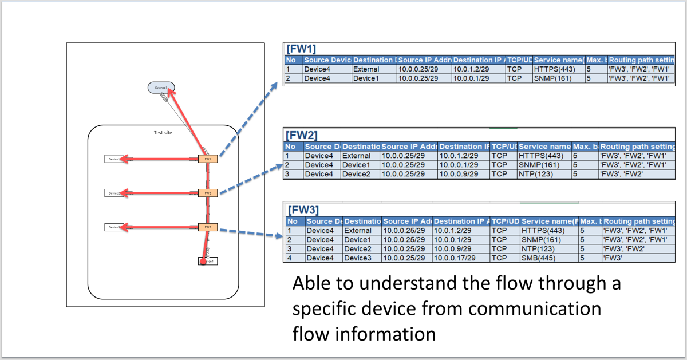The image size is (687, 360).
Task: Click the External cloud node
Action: [x=161, y=88]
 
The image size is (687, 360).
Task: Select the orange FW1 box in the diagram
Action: [x=208, y=159]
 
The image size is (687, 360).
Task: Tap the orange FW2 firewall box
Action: [x=208, y=193]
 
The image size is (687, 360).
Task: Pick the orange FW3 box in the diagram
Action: [x=208, y=227]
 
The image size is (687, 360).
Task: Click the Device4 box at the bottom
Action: [x=208, y=261]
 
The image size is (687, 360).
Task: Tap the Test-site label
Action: [x=163, y=133]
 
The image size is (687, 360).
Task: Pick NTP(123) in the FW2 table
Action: [x=535, y=174]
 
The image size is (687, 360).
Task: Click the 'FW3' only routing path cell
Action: [x=616, y=258]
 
